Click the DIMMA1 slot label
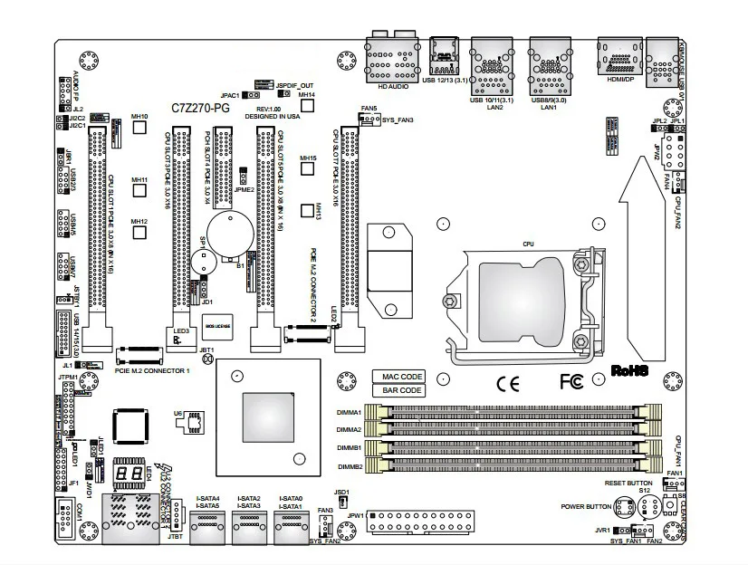pos(350,413)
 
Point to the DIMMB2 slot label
pos(350,465)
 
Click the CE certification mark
pos(508,381)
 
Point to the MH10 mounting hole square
pos(140,128)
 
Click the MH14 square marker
pos(307,106)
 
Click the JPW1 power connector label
pos(356,515)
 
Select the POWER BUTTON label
pos(587,505)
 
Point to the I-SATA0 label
pos(290,499)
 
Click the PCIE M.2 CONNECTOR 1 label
pos(153,371)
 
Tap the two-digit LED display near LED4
pos(127,475)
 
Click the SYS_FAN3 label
pos(398,120)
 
